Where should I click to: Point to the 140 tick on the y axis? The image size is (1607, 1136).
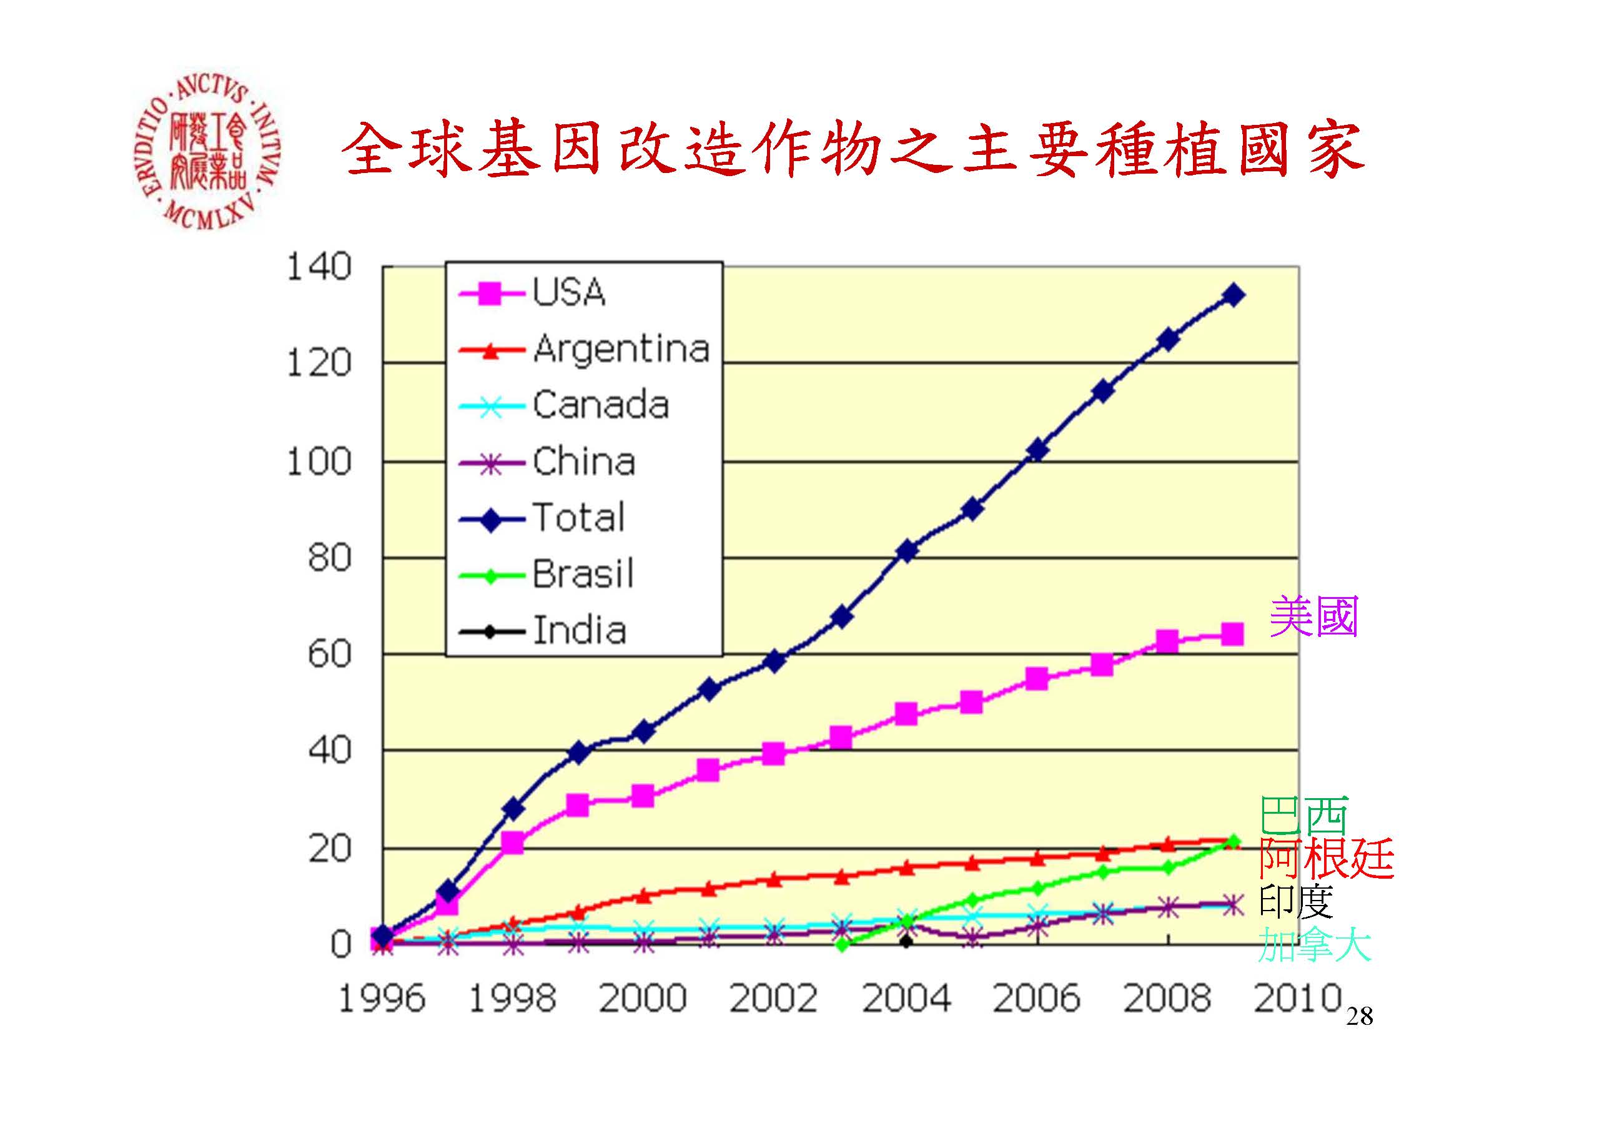319,267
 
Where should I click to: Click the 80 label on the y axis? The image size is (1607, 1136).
329,558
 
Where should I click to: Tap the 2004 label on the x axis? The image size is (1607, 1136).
906,998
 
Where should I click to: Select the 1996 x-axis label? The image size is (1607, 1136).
382,998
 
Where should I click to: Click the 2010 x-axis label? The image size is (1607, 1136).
1297,998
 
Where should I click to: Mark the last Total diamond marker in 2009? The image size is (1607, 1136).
1232,295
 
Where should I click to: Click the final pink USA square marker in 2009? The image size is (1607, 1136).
1232,635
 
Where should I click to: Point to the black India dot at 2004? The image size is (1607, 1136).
906,941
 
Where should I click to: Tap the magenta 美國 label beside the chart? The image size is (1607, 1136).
1313,616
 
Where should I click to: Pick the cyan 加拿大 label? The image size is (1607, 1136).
1313,945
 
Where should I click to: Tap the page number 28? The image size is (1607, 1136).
1359,1016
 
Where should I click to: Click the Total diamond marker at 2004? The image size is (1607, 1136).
906,551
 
